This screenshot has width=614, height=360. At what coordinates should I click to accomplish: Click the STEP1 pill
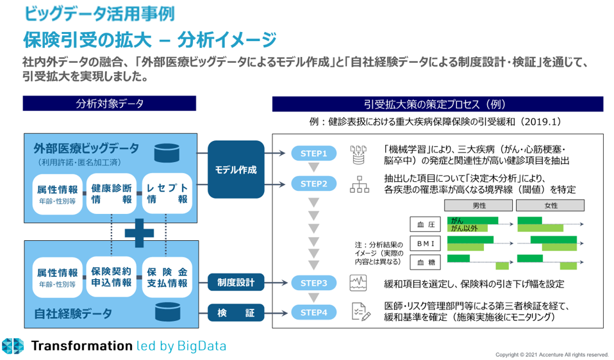coord(313,154)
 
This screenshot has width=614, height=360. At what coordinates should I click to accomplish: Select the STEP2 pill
coord(313,184)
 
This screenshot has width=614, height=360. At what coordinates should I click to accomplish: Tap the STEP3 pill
coord(313,282)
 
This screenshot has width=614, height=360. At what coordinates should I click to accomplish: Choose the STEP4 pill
coord(313,313)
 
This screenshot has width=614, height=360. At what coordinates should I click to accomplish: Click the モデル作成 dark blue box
coord(236,170)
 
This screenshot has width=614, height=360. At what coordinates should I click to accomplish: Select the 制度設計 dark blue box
coord(236,282)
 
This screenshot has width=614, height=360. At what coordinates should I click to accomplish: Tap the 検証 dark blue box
coord(236,313)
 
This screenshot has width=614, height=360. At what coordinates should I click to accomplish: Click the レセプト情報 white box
coord(167,193)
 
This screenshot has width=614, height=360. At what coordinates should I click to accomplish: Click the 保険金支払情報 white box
coord(167,277)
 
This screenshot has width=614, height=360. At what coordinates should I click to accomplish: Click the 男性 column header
coord(478,206)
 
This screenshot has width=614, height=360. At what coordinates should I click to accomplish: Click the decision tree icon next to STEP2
coord(359,184)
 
